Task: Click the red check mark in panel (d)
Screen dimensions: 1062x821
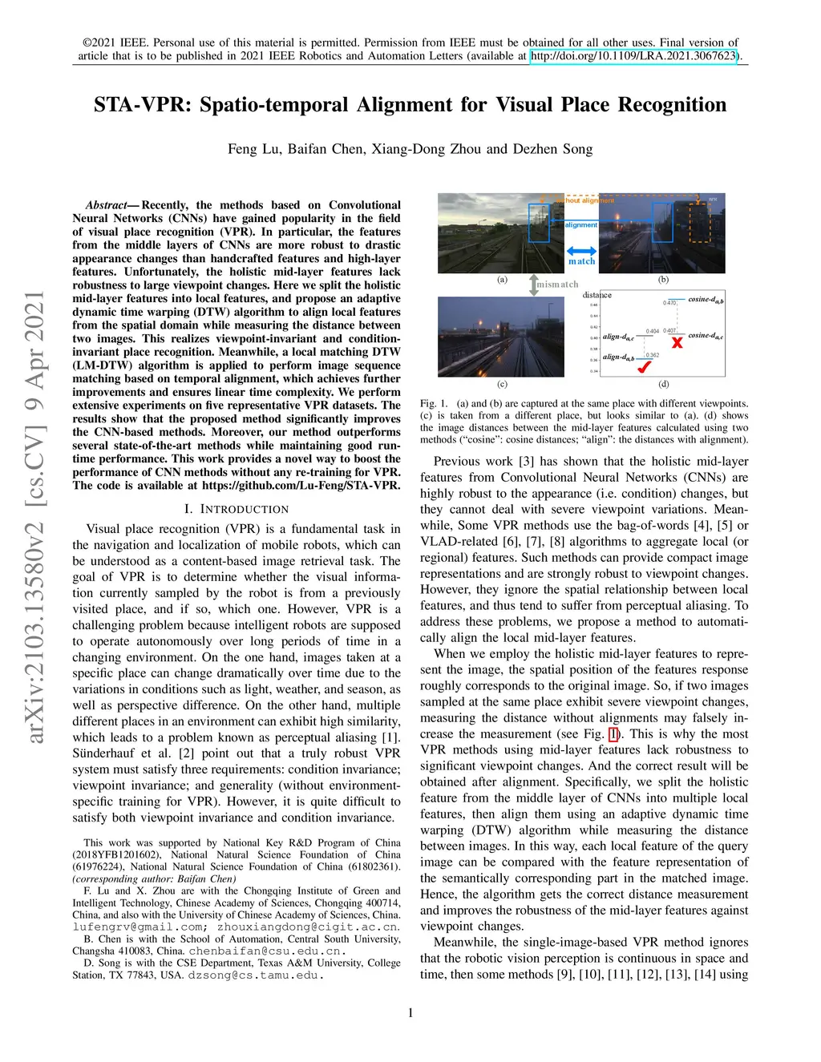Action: pos(643,367)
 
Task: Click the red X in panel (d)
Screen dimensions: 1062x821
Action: pos(677,342)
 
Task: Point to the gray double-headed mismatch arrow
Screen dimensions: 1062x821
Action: pos(532,284)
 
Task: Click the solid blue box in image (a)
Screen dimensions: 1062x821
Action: pos(539,222)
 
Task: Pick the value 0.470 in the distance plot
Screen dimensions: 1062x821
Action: pos(669,302)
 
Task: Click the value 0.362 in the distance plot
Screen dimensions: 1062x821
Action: pos(653,355)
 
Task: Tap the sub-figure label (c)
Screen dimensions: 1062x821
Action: pos(502,384)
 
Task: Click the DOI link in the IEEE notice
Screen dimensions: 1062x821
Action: pos(633,56)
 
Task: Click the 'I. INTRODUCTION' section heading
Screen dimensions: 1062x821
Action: pos(237,509)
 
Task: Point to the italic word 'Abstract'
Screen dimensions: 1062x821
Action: pos(106,205)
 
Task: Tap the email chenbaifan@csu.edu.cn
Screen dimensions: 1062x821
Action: pos(267,951)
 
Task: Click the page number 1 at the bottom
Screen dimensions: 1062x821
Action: pos(410,1013)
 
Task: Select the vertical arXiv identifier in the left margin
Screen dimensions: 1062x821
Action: pos(35,516)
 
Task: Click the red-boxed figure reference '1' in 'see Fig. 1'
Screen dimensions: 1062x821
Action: pos(613,734)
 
